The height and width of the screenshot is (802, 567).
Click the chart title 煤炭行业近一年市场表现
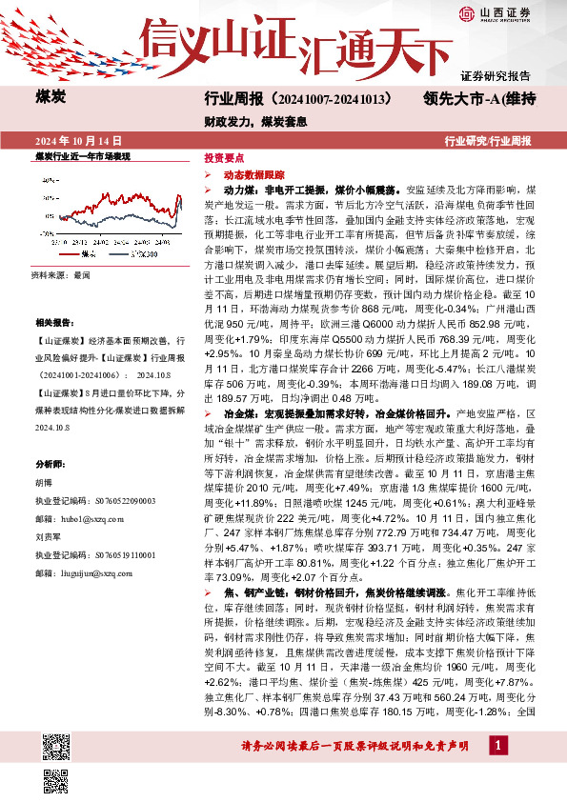(x=82, y=155)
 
